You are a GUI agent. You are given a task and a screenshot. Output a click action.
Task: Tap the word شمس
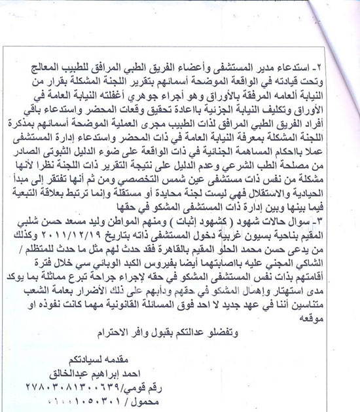click(x=186, y=194)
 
